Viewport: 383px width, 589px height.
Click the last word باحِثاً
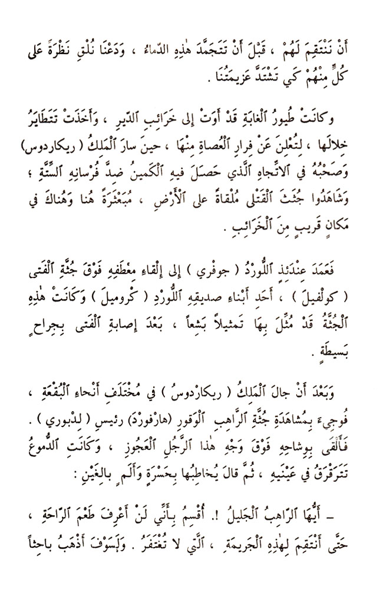pos(35,545)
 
